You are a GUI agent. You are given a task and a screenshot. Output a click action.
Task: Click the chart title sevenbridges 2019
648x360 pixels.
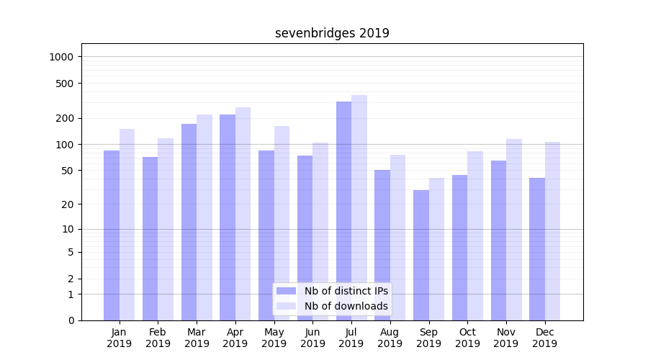click(x=332, y=33)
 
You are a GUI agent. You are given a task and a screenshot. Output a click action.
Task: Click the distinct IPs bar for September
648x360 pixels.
click(x=421, y=255)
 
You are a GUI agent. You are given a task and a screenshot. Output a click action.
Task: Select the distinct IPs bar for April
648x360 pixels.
click(x=228, y=217)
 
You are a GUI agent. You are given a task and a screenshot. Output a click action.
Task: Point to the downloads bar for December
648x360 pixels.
click(x=552, y=231)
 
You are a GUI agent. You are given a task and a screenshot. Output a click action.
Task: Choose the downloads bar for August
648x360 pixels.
click(x=398, y=238)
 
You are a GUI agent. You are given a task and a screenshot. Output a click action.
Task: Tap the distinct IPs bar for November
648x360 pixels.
click(x=498, y=240)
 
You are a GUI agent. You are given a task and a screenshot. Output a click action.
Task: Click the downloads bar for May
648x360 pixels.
click(x=282, y=223)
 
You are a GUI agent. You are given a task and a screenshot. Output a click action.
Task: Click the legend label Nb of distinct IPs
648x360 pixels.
click(x=346, y=291)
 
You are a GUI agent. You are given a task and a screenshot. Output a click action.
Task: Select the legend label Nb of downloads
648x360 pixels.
click(x=346, y=306)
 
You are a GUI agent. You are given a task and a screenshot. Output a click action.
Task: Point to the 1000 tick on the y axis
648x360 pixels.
click(x=63, y=57)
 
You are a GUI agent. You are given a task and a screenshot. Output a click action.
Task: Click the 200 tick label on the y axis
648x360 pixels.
click(x=66, y=118)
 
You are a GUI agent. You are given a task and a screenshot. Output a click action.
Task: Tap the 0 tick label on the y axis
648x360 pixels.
click(x=71, y=320)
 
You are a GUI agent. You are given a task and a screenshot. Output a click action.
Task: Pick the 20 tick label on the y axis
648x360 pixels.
click(x=68, y=204)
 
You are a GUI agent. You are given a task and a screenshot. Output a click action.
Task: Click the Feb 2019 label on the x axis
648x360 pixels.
click(x=158, y=338)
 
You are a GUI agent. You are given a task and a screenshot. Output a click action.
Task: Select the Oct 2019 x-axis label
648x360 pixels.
click(x=467, y=338)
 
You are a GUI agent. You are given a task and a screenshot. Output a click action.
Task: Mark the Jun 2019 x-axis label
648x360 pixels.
click(x=312, y=338)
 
